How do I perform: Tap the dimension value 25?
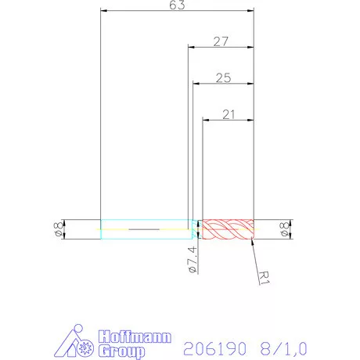(x=223, y=77)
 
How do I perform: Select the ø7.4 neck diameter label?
(x=193, y=257)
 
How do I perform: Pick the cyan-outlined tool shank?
(x=145, y=229)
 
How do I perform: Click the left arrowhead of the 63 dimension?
(x=104, y=11)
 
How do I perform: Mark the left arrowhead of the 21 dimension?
(x=206, y=119)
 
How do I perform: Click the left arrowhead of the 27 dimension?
(x=190, y=47)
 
